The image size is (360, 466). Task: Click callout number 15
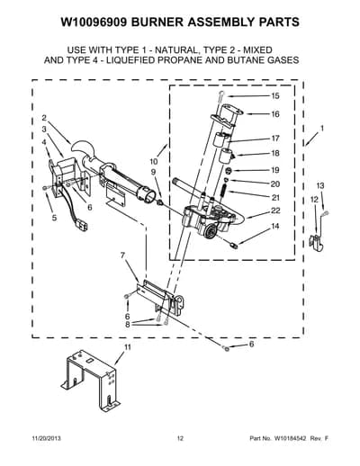point(275,95)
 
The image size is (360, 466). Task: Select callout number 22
point(275,211)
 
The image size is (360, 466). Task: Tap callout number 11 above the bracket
point(128,347)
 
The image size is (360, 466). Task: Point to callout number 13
point(320,185)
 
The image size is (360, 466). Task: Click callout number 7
point(122,255)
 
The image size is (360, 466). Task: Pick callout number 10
point(154,162)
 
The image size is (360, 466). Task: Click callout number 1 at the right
point(322,129)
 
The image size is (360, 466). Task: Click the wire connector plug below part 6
point(83,226)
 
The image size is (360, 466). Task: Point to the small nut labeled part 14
point(234,246)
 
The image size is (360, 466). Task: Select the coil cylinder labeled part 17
point(222,139)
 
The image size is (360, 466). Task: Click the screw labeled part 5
point(45,187)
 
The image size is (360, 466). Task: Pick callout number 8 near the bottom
point(128,325)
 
